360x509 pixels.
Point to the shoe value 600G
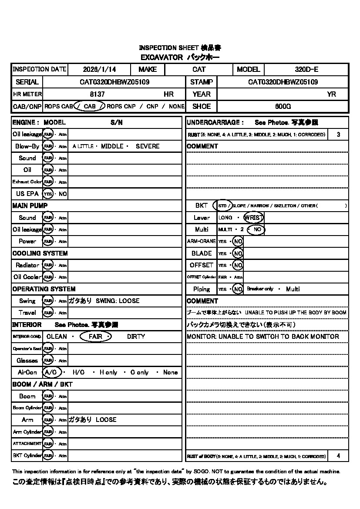(x=283, y=106)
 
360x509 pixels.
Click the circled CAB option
(x=89, y=106)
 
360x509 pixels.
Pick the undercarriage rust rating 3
(x=339, y=135)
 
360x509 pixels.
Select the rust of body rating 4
(x=339, y=456)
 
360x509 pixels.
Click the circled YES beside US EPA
(x=47, y=194)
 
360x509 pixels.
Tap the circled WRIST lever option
(x=254, y=217)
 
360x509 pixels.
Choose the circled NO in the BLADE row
(x=238, y=253)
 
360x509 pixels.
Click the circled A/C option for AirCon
(x=51, y=372)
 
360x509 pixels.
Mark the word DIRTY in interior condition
(x=136, y=337)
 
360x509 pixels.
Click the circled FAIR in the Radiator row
(x=47, y=265)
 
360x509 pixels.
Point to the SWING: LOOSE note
(x=118, y=301)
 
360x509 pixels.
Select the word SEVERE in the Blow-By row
(x=148, y=146)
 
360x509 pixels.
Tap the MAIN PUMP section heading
(x=30, y=206)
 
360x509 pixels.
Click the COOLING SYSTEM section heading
(x=40, y=253)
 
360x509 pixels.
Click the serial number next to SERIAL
(x=115, y=82)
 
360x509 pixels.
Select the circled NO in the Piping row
(x=238, y=289)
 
